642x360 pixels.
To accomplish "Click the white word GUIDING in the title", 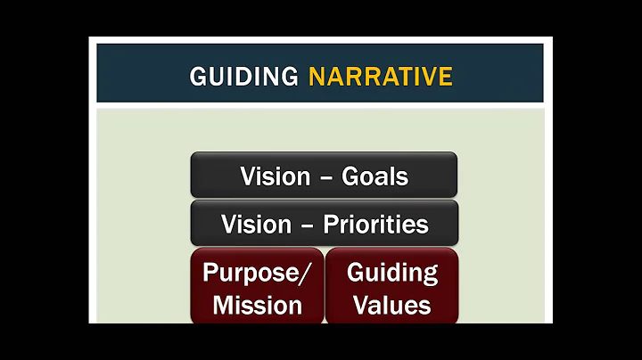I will [x=243, y=77].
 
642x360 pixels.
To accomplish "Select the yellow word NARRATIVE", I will [x=381, y=77].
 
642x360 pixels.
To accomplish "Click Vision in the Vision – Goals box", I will [x=275, y=176].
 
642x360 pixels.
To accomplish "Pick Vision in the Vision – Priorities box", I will [x=256, y=224].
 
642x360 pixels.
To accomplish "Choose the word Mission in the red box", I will [x=258, y=305].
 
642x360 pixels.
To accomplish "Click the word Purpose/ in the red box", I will [x=257, y=273].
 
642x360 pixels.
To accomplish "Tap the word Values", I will [x=391, y=305].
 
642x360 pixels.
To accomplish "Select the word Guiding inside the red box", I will [x=391, y=273].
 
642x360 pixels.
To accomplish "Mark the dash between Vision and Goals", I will [x=325, y=176].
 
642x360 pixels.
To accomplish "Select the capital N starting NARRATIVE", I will [x=317, y=77].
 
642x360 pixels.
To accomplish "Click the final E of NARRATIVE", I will [x=445, y=77].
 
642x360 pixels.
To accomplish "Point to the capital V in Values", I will [x=361, y=305].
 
